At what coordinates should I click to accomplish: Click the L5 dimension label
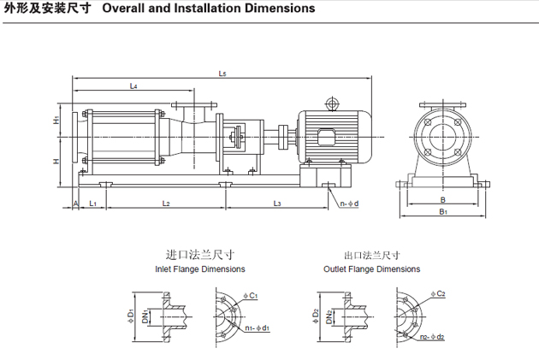222,74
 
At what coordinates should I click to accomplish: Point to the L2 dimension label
166,203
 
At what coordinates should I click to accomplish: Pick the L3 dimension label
277,203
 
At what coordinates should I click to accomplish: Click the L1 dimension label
92,203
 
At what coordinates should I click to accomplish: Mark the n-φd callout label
349,204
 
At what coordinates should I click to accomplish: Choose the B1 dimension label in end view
443,210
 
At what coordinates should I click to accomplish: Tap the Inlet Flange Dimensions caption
200,269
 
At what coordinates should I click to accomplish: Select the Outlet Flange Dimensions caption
371,269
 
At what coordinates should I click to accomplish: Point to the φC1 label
251,294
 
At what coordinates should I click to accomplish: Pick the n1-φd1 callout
257,328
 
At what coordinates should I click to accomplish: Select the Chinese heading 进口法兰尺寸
199,255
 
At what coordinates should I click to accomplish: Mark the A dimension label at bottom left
76,203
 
